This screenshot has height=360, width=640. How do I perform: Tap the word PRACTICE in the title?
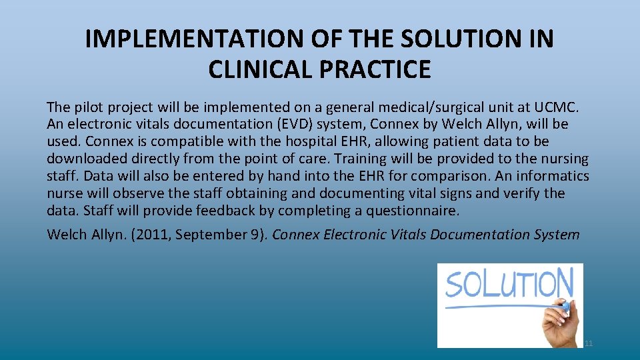coord(384,69)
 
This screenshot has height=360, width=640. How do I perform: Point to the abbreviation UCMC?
coord(561,107)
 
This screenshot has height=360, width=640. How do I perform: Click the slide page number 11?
coord(588,343)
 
